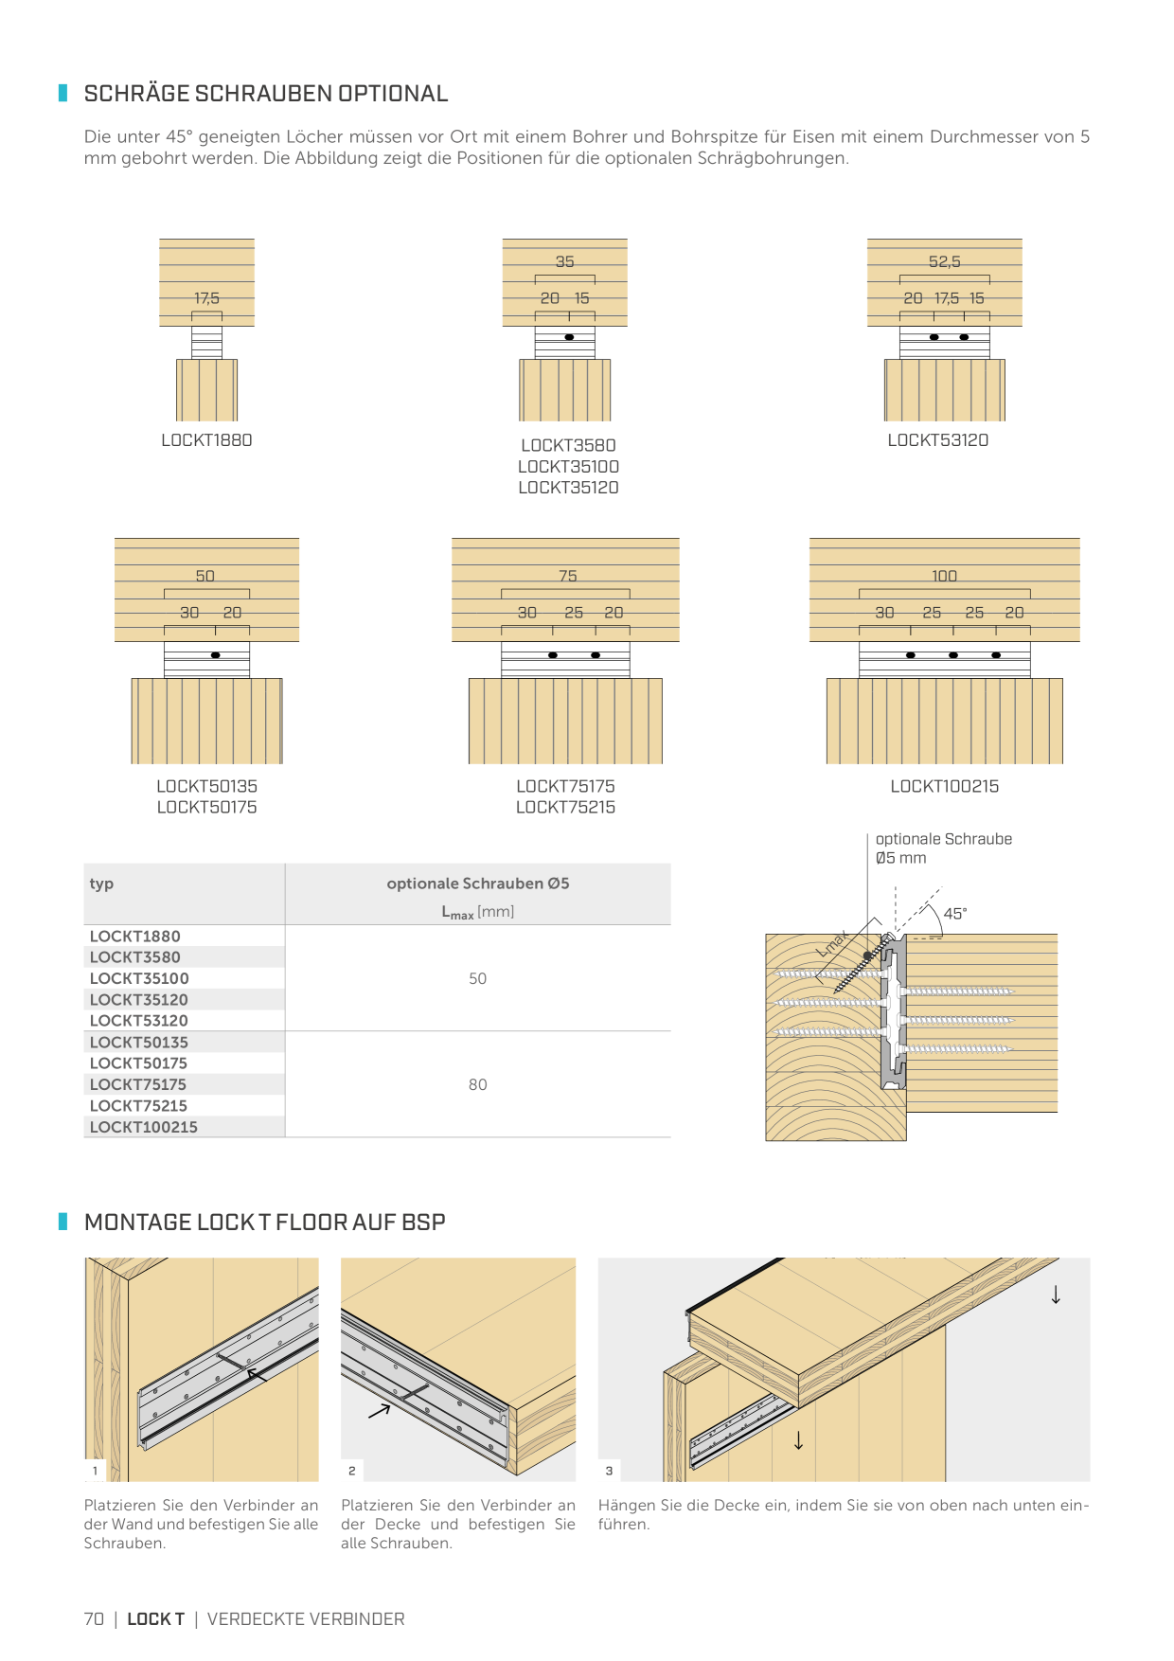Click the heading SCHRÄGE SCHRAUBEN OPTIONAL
pyautogui.click(x=266, y=93)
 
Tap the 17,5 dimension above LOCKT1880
pyautogui.click(x=206, y=298)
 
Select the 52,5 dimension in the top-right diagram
pyautogui.click(x=944, y=261)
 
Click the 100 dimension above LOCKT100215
pyautogui.click(x=944, y=576)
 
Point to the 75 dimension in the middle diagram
pyautogui.click(x=567, y=576)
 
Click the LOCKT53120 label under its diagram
pyautogui.click(x=937, y=439)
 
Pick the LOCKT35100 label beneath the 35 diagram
pyautogui.click(x=568, y=466)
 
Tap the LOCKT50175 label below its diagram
pyautogui.click(x=206, y=807)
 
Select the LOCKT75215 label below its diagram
pyautogui.click(x=565, y=807)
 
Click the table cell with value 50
pyautogui.click(x=477, y=978)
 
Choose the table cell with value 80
pyautogui.click(x=477, y=1084)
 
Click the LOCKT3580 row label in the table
pyautogui.click(x=134, y=957)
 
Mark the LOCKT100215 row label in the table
pyautogui.click(x=143, y=1127)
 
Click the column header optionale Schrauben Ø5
pyautogui.click(x=477, y=884)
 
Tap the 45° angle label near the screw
pyautogui.click(x=954, y=913)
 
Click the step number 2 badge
pyautogui.click(x=352, y=1471)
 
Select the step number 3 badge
pyautogui.click(x=609, y=1471)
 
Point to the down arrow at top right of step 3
pyautogui.click(x=1056, y=1295)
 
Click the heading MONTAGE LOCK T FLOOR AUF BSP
pyautogui.click(x=264, y=1222)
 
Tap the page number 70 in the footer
pyautogui.click(x=94, y=1618)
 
